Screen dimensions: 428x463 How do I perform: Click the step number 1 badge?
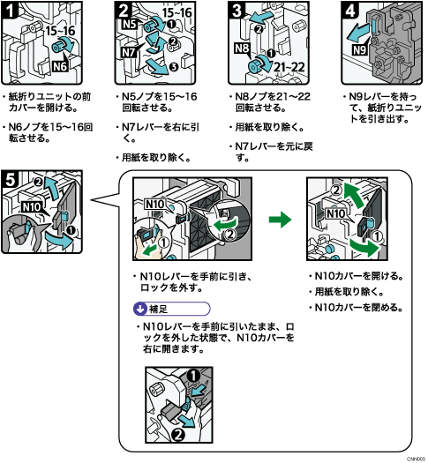(10, 11)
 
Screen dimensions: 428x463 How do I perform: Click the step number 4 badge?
(350, 11)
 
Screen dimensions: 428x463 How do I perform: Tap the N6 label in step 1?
(60, 66)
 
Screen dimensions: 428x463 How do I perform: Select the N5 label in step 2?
(130, 24)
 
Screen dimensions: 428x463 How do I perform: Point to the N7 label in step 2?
(129, 53)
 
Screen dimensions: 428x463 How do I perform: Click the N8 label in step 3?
(242, 48)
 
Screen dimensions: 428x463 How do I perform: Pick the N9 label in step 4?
(360, 49)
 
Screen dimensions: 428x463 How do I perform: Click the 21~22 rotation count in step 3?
(289, 67)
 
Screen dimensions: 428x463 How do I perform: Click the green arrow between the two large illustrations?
(280, 219)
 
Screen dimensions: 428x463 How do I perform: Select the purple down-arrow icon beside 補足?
(140, 309)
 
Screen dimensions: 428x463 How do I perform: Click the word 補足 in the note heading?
(158, 310)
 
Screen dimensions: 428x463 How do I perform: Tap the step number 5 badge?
(10, 179)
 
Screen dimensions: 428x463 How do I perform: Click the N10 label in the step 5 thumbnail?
(31, 207)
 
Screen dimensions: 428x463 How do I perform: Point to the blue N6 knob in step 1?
(58, 47)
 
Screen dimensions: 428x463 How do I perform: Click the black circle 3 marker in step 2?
(173, 67)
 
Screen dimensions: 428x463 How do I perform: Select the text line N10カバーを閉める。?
(356, 308)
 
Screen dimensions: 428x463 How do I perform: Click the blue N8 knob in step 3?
(254, 66)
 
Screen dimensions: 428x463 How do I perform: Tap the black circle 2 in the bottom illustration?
(178, 435)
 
